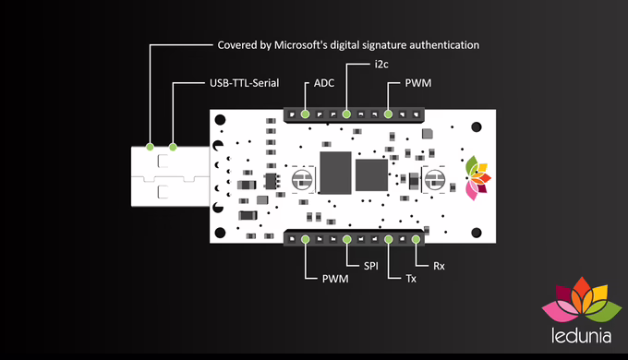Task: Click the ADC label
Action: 324,83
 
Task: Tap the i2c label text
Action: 381,64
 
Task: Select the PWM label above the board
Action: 418,83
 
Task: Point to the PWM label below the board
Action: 335,279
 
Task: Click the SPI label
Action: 371,266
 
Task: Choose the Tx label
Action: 411,279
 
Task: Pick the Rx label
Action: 439,266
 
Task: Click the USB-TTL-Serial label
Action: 245,83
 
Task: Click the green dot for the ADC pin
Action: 305,114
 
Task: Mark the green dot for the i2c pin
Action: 347,114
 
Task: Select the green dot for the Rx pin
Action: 417,239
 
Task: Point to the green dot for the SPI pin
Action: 347,239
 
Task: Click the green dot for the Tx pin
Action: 389,239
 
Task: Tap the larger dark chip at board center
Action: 335,173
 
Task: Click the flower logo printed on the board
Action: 477,178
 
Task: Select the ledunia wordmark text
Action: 581,336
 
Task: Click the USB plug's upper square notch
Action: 163,161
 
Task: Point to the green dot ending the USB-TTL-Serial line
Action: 173,147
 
